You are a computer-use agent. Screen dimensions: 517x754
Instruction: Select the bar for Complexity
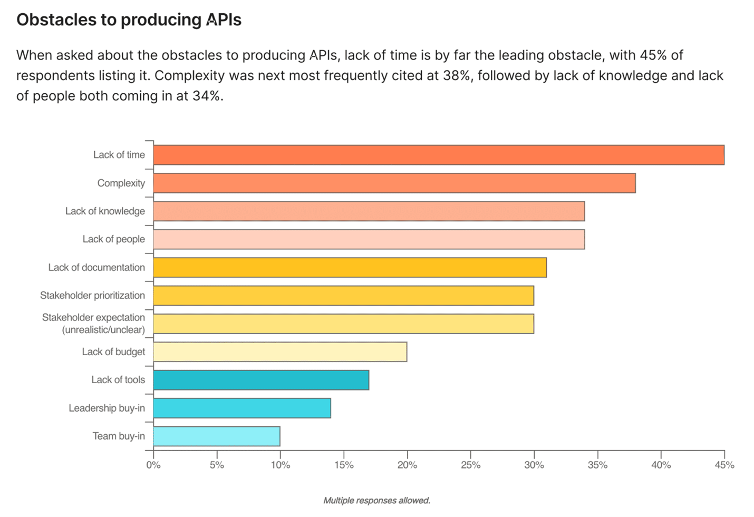(x=394, y=183)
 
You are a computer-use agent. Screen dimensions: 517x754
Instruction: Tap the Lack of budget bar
(x=280, y=352)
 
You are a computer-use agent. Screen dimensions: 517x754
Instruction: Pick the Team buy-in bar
(x=217, y=436)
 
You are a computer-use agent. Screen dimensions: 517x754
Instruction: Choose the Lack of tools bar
(x=261, y=380)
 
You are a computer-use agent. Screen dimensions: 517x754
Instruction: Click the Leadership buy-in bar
(x=242, y=408)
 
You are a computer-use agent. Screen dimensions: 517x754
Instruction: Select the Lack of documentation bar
(x=350, y=267)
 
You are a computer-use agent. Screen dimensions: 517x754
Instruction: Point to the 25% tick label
(x=470, y=465)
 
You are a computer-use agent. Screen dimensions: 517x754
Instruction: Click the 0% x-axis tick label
(x=153, y=465)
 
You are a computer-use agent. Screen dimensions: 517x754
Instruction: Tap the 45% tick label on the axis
(x=724, y=465)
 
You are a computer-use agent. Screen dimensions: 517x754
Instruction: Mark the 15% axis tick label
(x=344, y=465)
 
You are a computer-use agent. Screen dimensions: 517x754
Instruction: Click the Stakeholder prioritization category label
(x=92, y=295)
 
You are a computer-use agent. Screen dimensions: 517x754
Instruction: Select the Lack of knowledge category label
(x=105, y=211)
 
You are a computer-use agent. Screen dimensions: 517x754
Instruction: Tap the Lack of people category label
(x=113, y=239)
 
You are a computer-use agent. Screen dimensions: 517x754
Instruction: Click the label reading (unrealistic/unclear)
(x=103, y=330)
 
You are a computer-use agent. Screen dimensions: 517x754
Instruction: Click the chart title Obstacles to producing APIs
(x=129, y=19)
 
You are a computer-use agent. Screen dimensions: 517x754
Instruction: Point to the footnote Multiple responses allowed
(x=376, y=500)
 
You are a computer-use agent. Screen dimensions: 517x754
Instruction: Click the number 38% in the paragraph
(x=457, y=75)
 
